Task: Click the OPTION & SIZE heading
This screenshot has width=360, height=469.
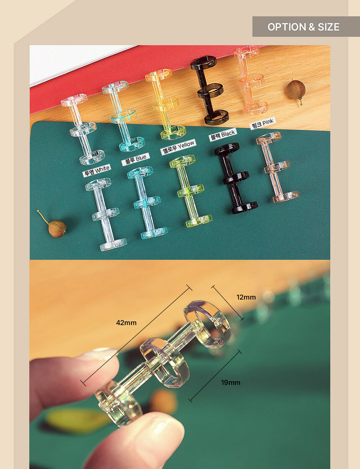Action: tap(303, 27)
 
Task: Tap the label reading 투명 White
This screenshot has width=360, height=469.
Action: tap(97, 171)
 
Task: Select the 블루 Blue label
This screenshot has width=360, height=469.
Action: tap(135, 159)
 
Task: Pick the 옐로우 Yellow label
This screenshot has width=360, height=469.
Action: tap(178, 147)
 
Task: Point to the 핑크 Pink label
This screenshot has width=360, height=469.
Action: tap(263, 123)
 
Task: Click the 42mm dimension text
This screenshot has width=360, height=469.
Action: tap(126, 323)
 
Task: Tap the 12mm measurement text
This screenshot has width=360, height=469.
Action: tap(246, 297)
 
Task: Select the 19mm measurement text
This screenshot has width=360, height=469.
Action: tap(230, 382)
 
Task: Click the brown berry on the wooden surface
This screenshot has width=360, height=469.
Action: tap(296, 89)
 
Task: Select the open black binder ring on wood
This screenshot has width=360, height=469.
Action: tap(209, 91)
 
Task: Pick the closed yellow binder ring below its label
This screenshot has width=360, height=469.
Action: tap(190, 191)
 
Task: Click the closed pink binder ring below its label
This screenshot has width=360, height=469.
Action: tap(277, 167)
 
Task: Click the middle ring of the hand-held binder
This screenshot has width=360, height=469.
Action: tap(165, 362)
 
